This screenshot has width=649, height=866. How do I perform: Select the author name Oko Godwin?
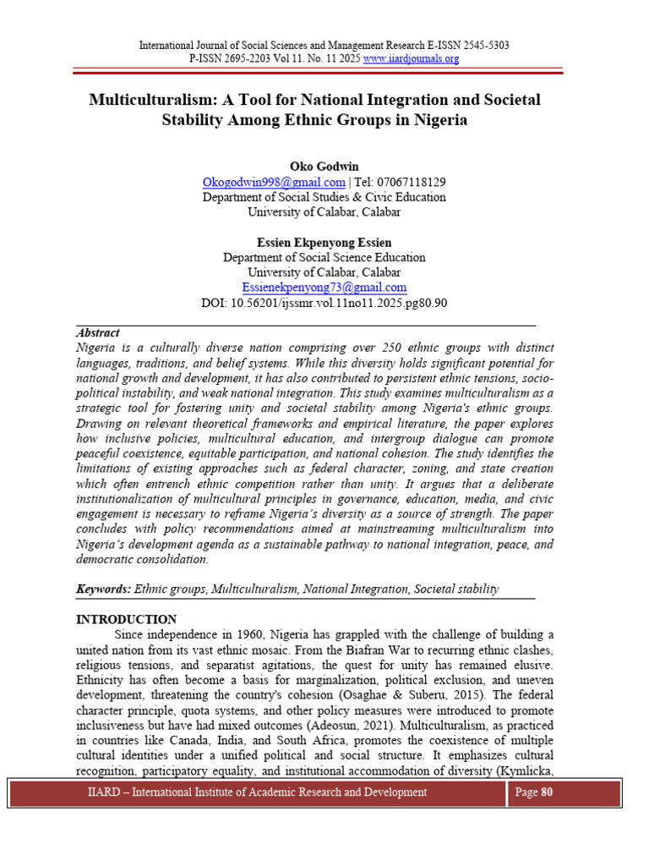pos(324,166)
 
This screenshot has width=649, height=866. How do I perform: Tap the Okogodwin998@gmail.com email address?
pos(274,182)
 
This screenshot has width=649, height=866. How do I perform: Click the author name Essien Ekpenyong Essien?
pos(324,242)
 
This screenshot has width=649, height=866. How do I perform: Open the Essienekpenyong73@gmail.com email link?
pos(324,288)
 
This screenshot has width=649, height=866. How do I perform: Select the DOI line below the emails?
pos(324,303)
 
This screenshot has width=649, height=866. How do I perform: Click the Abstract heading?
pos(98,333)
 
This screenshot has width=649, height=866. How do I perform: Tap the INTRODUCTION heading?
pos(127,620)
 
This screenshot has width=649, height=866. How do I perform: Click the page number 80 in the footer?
pos(547,792)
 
